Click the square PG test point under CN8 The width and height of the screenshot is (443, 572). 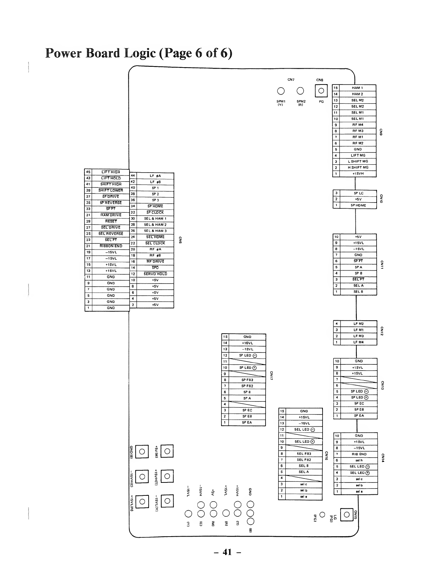(321, 91)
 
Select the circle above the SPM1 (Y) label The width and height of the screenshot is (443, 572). (281, 91)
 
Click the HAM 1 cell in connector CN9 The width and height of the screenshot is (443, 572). (358, 88)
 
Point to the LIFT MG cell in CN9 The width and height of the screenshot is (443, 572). (358, 155)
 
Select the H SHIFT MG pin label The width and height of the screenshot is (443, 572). (358, 168)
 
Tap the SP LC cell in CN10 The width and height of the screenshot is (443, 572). (358, 193)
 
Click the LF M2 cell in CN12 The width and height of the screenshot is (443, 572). (358, 324)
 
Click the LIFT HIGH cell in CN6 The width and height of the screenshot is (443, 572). (111, 172)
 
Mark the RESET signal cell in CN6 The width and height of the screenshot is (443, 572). (111, 221)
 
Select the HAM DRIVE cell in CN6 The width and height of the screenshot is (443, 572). (111, 215)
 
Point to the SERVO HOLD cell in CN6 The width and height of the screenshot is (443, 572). (155, 274)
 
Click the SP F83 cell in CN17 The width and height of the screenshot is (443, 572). (247, 380)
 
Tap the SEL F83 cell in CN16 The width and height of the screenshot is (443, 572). (304, 454)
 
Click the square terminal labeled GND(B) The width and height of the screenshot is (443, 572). (142, 451)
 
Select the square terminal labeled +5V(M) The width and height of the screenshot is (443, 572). (167, 451)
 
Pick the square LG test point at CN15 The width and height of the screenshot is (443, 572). (347, 515)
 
